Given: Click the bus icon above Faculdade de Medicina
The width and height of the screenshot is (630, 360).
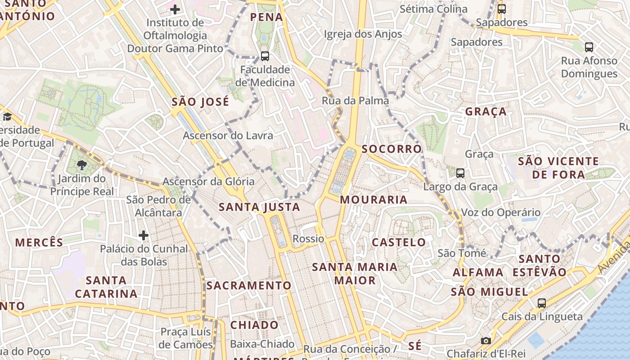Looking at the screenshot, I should pyautogui.click(x=265, y=56).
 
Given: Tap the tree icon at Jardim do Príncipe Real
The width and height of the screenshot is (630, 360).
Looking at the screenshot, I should pyautogui.click(x=81, y=165).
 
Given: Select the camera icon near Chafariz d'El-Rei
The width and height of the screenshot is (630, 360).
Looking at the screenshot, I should pyautogui.click(x=486, y=341).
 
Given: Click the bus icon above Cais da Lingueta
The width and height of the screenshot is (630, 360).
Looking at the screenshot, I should pyautogui.click(x=542, y=303).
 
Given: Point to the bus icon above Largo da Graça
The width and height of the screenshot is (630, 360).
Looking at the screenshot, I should pyautogui.click(x=460, y=173).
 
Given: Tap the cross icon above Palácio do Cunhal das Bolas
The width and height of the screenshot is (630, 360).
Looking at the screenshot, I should pyautogui.click(x=144, y=235).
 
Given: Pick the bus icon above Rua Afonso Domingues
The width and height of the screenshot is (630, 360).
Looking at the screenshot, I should pyautogui.click(x=589, y=47).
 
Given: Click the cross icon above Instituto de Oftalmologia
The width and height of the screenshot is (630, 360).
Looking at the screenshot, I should pyautogui.click(x=175, y=9).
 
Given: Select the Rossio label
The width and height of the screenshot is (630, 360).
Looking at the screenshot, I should pyautogui.click(x=308, y=238).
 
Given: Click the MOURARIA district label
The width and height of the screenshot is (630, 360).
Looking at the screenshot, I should pyautogui.click(x=373, y=200).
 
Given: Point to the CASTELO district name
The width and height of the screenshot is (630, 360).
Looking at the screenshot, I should pyautogui.click(x=399, y=243).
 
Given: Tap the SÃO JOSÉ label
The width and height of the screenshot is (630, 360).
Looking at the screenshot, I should pyautogui.click(x=200, y=102).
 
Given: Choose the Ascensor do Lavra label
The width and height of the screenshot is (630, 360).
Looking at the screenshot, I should pyautogui.click(x=228, y=135).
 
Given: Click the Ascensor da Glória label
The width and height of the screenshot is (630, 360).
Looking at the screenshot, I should pyautogui.click(x=208, y=182).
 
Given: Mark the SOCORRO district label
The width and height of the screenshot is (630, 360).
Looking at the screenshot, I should pyautogui.click(x=391, y=149).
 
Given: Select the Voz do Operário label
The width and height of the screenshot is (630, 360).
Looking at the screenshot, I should pyautogui.click(x=501, y=212).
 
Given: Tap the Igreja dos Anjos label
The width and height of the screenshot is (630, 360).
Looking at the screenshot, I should pyautogui.click(x=363, y=34).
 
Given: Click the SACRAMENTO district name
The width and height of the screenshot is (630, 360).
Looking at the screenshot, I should pyautogui.click(x=249, y=286).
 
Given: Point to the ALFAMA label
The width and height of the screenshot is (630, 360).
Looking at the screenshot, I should pyautogui.click(x=478, y=273).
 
